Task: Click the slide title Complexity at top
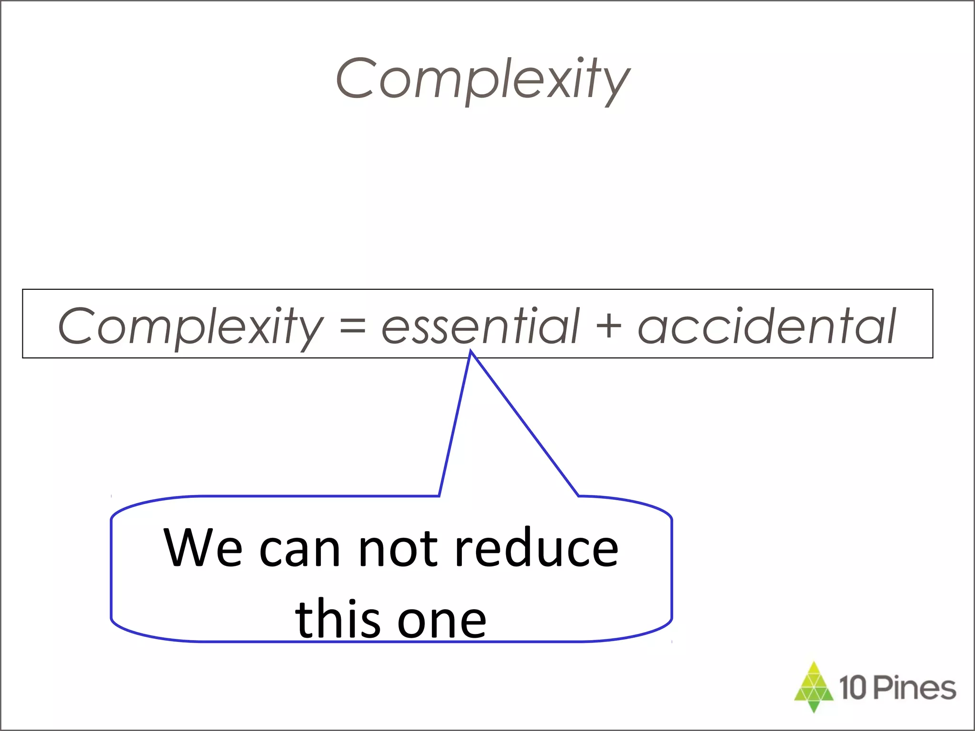[x=483, y=79]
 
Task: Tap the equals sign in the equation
[x=353, y=326]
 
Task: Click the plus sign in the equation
[x=608, y=326]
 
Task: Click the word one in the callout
[x=441, y=621]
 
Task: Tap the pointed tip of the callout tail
[x=471, y=352]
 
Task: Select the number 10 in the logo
[x=853, y=688]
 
